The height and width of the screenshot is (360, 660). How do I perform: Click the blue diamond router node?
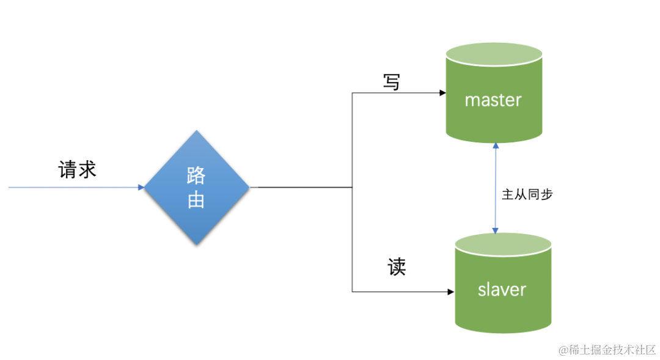(196, 188)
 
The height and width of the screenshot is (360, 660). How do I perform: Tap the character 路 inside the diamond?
(196, 176)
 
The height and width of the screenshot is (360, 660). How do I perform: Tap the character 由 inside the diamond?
(196, 199)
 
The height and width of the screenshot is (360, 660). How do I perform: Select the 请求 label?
(78, 169)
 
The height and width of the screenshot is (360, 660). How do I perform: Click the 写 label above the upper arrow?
(392, 82)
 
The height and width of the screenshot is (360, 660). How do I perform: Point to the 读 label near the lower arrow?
(397, 266)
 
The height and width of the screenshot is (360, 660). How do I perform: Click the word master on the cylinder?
(493, 100)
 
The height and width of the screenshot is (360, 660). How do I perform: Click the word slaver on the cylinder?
(502, 289)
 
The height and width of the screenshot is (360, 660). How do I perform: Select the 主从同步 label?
(527, 194)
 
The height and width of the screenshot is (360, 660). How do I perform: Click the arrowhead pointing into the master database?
(442, 94)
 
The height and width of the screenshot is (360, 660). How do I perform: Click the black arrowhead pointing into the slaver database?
(450, 292)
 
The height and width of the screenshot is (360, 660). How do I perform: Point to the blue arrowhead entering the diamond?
(141, 188)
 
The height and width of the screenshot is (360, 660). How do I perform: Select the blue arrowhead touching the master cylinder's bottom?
(496, 145)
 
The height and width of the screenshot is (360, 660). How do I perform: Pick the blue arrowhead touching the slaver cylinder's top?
(496, 230)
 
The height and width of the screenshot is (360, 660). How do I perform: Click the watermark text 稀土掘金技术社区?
(612, 350)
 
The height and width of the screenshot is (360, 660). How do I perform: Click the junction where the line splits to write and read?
(353, 188)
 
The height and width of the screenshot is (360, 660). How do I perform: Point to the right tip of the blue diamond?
(249, 188)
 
